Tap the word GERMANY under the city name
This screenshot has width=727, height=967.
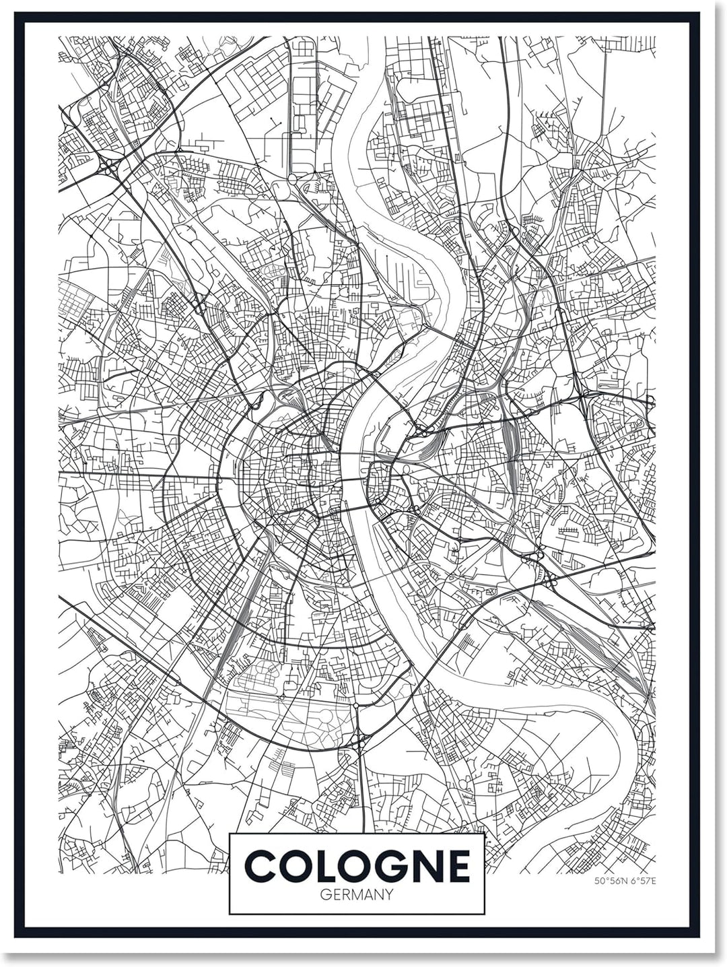coord(357,895)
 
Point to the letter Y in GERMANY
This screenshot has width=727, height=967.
coord(388,895)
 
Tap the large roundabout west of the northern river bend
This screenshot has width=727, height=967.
coord(292,179)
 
